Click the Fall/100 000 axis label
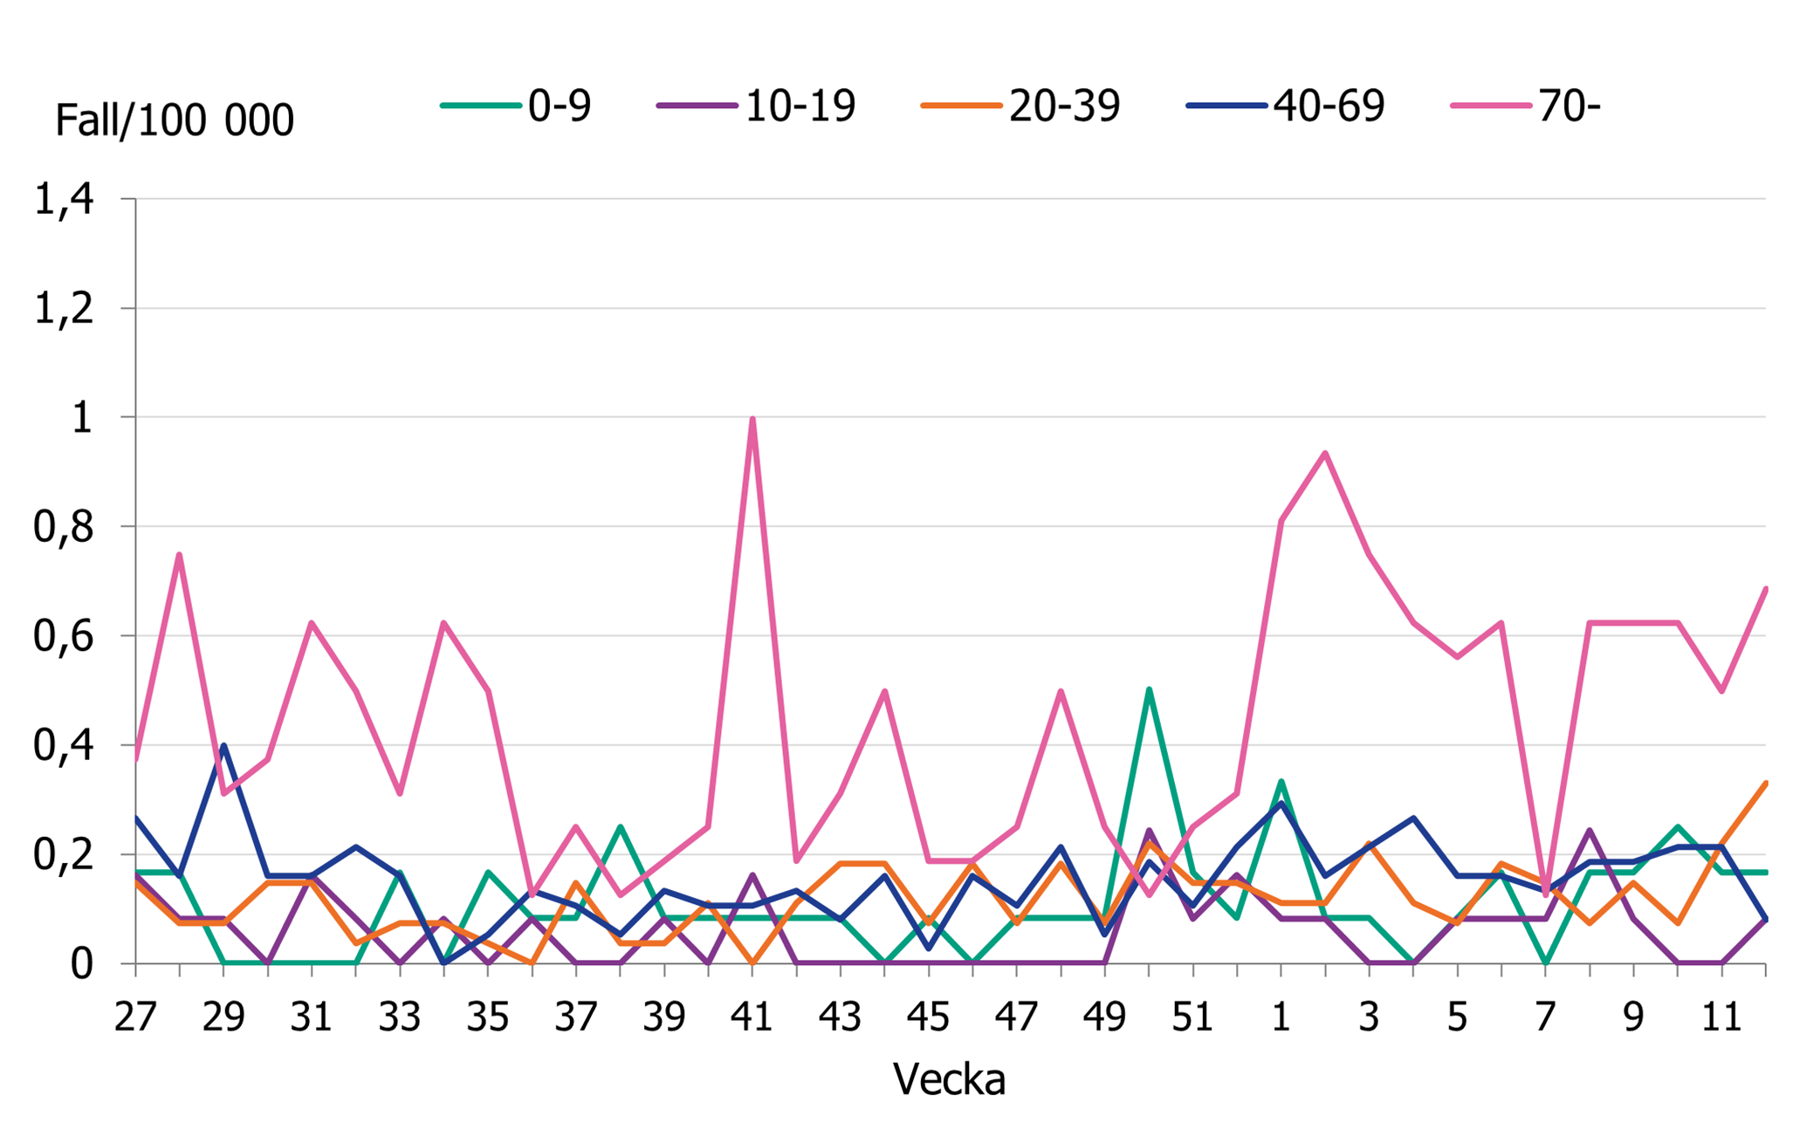coord(174,120)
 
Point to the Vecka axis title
coord(949,1079)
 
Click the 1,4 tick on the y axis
coord(63,200)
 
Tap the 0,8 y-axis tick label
coord(63,527)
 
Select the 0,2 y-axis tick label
coord(63,855)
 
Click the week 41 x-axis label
coord(752,1017)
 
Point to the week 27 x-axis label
coord(135,1017)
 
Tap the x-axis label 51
coord(1192,1017)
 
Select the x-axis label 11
coord(1721,1017)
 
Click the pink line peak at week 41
coord(752,419)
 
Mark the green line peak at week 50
coord(1149,689)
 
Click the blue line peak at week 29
coord(223,745)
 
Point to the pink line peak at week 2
coord(1325,453)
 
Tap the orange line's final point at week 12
coord(1765,783)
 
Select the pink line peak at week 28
coord(179,555)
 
